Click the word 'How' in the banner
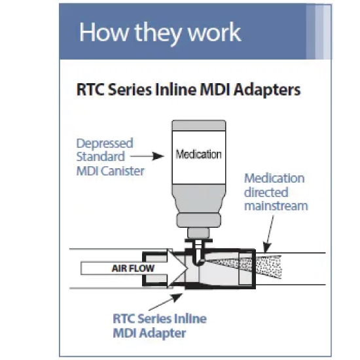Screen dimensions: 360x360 (103, 31)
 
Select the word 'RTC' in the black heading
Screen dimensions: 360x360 (91, 90)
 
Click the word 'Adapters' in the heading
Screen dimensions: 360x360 (267, 90)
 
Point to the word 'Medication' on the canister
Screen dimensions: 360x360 (198, 154)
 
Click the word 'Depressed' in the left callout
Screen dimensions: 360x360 (105, 144)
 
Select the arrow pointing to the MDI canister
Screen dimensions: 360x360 (147, 156)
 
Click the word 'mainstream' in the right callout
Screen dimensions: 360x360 (276, 206)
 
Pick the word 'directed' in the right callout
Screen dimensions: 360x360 (266, 192)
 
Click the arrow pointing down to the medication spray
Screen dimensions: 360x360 (269, 234)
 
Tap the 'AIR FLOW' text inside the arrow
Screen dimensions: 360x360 (133, 268)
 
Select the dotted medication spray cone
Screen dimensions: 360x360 (257, 268)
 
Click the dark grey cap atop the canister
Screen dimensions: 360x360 (199, 126)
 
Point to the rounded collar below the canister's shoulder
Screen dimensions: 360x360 (199, 221)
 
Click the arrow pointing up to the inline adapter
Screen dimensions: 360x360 (166, 302)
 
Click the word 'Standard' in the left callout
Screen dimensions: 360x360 (101, 157)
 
